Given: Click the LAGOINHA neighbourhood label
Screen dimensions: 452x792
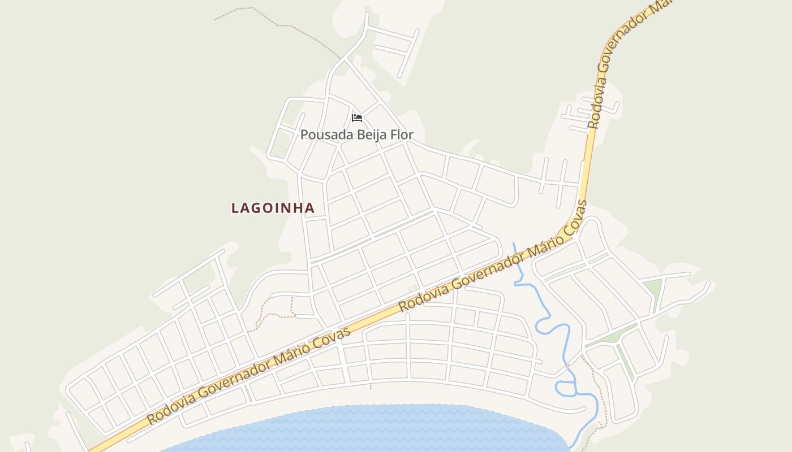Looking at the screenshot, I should point(273,208).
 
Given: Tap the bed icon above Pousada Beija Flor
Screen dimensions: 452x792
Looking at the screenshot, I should point(356,118).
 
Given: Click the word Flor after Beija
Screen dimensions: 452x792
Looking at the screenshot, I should point(401,135).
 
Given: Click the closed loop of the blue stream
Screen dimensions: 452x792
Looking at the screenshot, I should point(565,388).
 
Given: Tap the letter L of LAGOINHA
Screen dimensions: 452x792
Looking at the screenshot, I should point(235,208).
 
